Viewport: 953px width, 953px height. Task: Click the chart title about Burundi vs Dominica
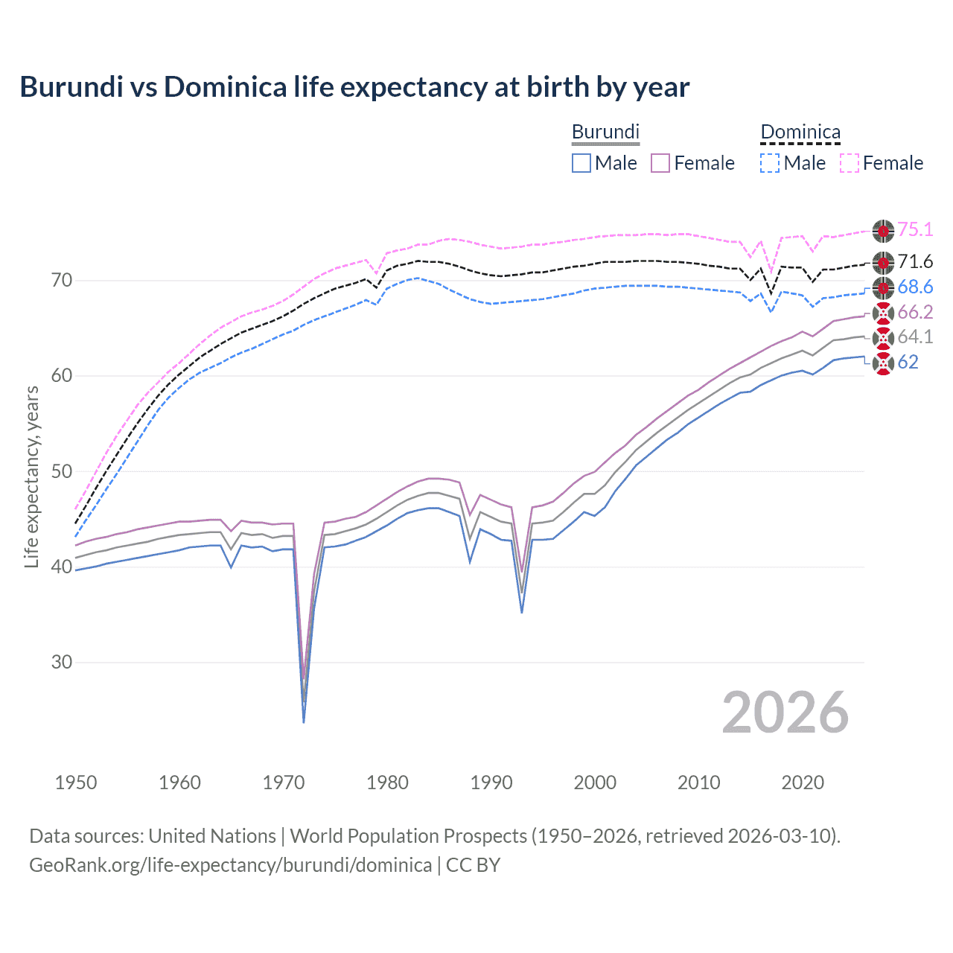pos(354,87)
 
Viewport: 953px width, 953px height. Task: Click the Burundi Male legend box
pos(581,163)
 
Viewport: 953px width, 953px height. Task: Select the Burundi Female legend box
pos(660,163)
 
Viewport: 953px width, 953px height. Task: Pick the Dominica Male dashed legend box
pos(770,163)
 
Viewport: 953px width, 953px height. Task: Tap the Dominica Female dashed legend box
pos(850,163)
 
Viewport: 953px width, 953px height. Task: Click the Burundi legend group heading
pos(605,133)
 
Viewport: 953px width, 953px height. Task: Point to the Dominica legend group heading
pos(800,133)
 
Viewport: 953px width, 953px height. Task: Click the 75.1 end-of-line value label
pos(915,230)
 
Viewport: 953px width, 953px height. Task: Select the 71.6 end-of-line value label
pos(915,262)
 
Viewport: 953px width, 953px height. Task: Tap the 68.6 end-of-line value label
pos(915,287)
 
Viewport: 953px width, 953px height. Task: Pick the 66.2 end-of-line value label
pos(915,312)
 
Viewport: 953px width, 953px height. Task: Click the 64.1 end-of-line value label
pos(915,337)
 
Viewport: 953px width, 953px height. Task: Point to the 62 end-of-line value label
pos(908,363)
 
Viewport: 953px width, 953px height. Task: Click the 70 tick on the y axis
pos(62,281)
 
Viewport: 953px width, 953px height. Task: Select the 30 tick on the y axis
pos(62,662)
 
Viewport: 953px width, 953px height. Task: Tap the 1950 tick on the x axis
pos(76,783)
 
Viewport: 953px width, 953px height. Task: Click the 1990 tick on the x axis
pos(491,783)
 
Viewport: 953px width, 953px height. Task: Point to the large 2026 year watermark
pos(785,713)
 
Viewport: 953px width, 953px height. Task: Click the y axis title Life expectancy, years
pos(32,476)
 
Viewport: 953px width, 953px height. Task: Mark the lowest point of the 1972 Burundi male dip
pos(304,722)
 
